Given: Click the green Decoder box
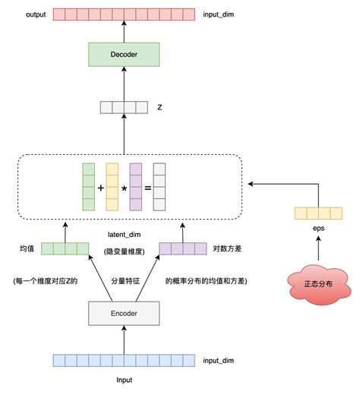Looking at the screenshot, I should pos(124,54).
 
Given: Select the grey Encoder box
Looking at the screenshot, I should pos(124,312).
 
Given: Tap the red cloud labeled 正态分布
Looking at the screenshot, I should pos(317,283).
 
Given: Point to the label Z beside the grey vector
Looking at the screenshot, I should pos(159,107).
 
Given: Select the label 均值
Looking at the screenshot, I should pos(27,248).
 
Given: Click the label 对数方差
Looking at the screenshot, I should pos(227,248).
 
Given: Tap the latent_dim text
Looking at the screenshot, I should pos(124,236).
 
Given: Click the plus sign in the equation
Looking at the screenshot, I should pos(100,186).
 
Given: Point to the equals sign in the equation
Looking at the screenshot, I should pos(148,186).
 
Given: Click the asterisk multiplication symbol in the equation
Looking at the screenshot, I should pos(124,186).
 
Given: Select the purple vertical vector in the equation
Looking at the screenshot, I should pos(136,186).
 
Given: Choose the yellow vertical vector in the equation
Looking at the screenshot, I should pos(112,186).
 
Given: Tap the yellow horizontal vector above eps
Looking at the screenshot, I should pos(317,213).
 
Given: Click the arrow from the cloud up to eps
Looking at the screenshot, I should pos(317,247).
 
